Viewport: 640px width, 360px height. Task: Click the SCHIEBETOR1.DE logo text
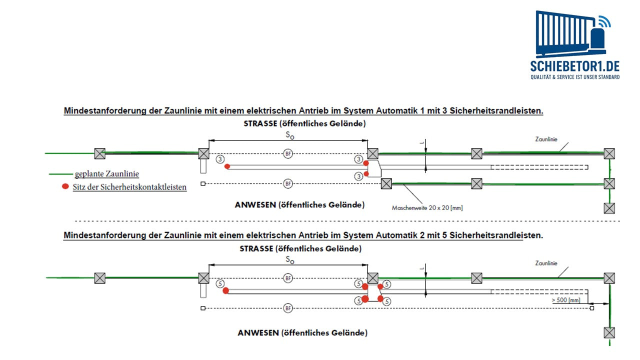pos(575,66)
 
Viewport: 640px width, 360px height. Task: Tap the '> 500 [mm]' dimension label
pos(566,300)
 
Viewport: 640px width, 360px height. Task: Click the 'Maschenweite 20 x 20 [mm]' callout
pos(427,207)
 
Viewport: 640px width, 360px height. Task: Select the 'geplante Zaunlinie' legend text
pos(107,174)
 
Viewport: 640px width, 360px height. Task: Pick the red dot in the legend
pos(65,186)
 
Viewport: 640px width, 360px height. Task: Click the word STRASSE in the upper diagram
pos(259,123)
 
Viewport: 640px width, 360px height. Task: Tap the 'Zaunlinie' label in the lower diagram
pos(546,263)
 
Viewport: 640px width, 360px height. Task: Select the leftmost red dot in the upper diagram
pos(227,166)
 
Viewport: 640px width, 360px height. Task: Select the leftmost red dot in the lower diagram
pos(225,290)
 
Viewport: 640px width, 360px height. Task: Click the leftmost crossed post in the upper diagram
pos(100,153)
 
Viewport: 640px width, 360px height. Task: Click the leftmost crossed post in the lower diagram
pos(100,278)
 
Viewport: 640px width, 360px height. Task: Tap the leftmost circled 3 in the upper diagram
pos(219,159)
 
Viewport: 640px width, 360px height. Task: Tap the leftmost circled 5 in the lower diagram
pos(219,283)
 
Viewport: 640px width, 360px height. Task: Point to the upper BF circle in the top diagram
pos(288,153)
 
